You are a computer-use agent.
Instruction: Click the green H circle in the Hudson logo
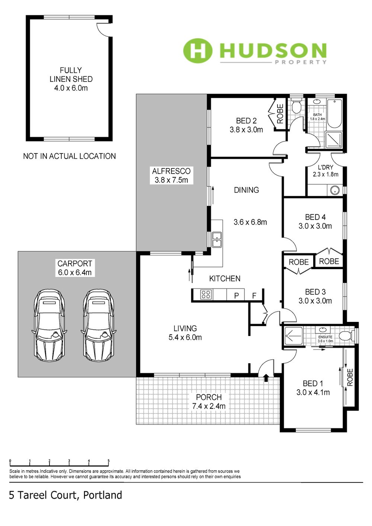198,50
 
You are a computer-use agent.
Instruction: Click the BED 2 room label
246,121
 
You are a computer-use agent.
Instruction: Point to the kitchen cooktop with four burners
206,294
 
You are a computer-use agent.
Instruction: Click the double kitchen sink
217,239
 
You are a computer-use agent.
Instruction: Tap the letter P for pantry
237,296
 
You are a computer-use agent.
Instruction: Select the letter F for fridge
254,296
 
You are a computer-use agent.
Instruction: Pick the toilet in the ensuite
346,336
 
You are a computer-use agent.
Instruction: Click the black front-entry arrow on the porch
266,378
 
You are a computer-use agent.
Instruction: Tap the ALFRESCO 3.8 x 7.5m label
171,176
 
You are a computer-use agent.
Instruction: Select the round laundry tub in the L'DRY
334,190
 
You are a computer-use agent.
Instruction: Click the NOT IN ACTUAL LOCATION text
70,156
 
